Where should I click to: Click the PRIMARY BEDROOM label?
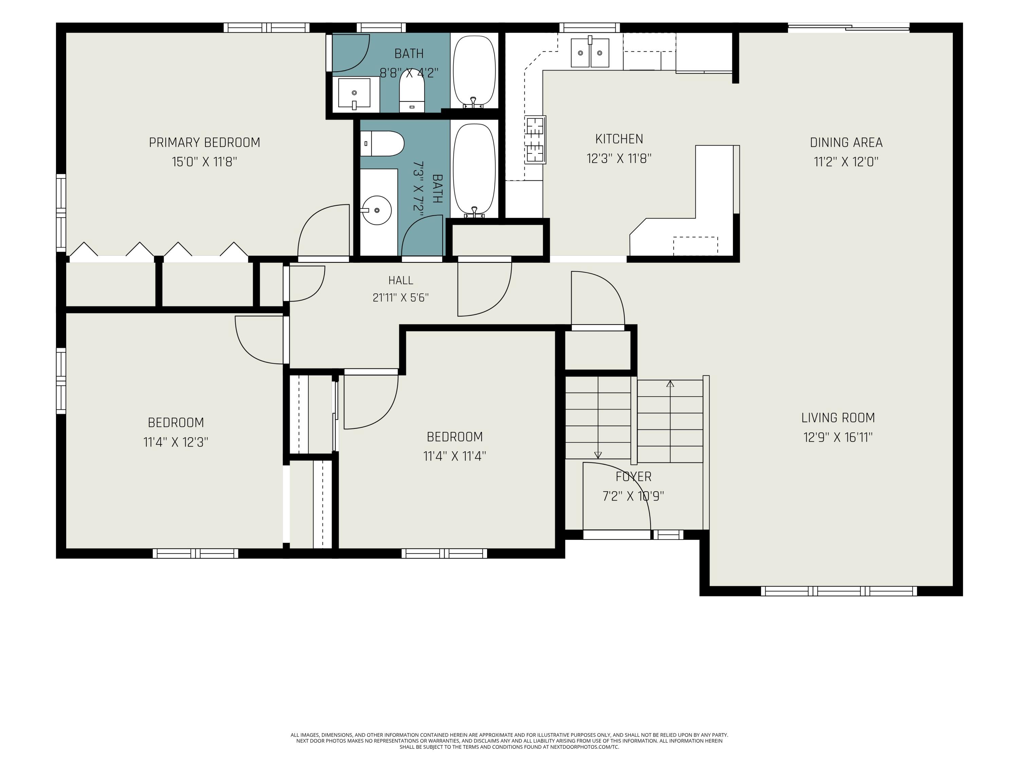[x=204, y=143]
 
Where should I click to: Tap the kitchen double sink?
[x=590, y=53]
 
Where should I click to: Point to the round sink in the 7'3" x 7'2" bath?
[x=376, y=210]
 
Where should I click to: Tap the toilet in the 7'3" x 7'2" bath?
[x=382, y=144]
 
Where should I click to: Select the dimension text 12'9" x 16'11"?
[x=838, y=437]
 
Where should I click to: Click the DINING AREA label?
[x=846, y=143]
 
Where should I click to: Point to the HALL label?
[x=401, y=280]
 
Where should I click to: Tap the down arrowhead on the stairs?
[x=598, y=455]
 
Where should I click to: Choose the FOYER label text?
[x=633, y=477]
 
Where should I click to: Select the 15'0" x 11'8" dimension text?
[x=204, y=162]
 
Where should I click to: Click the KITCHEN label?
[x=619, y=139]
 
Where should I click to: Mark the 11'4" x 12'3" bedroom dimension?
[x=176, y=442]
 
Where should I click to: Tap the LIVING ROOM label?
[x=838, y=418]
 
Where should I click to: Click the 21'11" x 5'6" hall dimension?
[x=401, y=298]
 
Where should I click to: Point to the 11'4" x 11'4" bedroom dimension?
[x=455, y=456]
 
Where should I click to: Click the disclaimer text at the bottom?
[x=509, y=741]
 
